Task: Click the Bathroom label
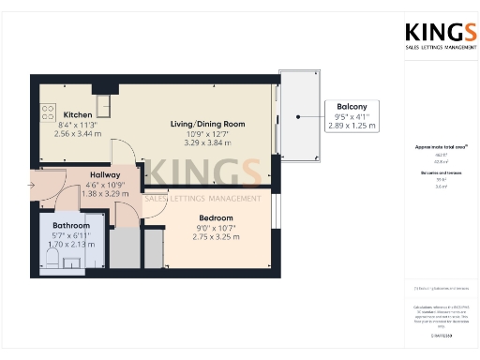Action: tap(70, 226)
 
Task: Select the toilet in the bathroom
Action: tap(53, 260)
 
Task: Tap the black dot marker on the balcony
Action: tap(297, 117)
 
